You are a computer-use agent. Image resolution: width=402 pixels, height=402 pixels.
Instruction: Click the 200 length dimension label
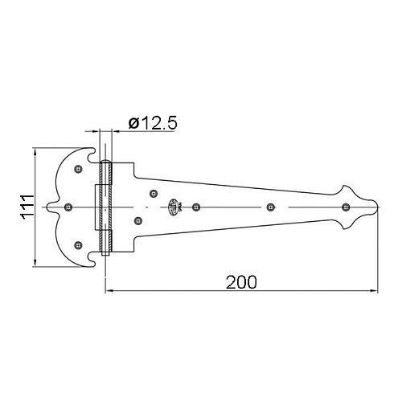pyautogui.click(x=241, y=282)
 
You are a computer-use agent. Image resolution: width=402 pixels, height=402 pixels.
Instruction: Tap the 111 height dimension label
pyautogui.click(x=27, y=207)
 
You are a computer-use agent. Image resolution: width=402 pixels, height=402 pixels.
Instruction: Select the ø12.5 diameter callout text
pyautogui.click(x=153, y=123)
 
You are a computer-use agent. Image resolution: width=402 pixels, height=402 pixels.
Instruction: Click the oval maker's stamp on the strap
pyautogui.click(x=173, y=207)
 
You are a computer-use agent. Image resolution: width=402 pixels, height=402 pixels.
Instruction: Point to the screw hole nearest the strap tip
pyautogui.click(x=346, y=207)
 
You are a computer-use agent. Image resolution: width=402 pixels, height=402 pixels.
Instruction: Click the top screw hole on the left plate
pyautogui.click(x=78, y=169)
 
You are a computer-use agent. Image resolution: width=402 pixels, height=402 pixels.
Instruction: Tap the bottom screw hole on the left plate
pyautogui.click(x=78, y=245)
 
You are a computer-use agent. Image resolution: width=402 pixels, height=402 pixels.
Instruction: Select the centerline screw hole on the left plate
pyautogui.click(x=68, y=207)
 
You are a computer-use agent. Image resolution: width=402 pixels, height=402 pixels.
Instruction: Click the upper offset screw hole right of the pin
pyautogui.click(x=154, y=194)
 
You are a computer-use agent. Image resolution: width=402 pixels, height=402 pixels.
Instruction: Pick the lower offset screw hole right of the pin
pyautogui.click(x=138, y=221)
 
